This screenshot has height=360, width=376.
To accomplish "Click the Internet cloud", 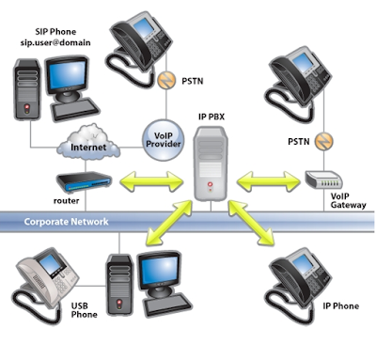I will click(89, 146).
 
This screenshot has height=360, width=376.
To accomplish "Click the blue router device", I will click(84, 182).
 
